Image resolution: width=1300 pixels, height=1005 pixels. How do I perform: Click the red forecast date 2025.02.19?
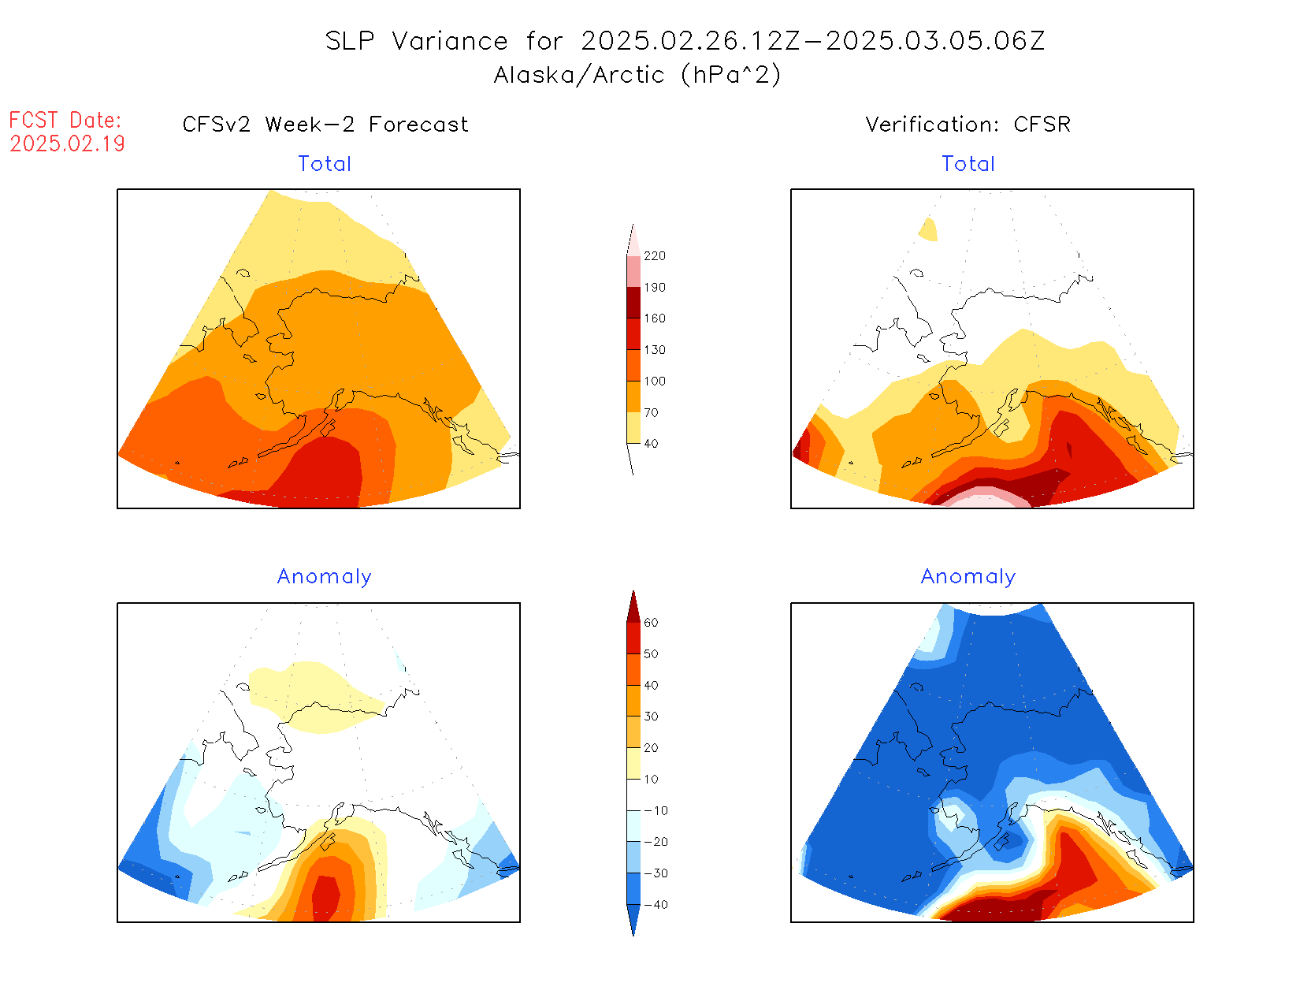point(68,143)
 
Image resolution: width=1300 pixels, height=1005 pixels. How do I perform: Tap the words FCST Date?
point(65,120)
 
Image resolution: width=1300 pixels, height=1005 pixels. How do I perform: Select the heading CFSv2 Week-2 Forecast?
point(325,125)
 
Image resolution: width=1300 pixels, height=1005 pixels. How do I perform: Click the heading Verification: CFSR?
point(968,125)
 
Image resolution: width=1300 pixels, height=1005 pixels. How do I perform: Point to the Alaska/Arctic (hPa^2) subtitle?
point(637,75)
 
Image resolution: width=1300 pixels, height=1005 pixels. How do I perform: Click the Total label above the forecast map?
point(325,164)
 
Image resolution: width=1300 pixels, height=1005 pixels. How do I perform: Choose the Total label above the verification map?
point(968,164)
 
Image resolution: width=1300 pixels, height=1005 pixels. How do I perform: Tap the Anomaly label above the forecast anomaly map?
point(325,577)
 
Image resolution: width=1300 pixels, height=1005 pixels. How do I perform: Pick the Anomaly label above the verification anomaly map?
point(968,577)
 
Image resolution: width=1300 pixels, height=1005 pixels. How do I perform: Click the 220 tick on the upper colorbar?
point(654,256)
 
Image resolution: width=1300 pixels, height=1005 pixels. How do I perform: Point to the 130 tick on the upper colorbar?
point(654,350)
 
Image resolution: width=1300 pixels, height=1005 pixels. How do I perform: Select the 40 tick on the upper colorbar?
point(651,444)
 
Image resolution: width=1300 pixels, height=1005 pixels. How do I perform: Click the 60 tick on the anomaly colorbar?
point(651,623)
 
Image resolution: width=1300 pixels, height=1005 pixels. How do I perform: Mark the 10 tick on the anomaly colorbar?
point(651,780)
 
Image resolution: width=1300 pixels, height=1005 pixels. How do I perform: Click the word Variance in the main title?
point(450,41)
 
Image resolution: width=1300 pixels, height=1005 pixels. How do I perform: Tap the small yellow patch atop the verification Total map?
point(929,229)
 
